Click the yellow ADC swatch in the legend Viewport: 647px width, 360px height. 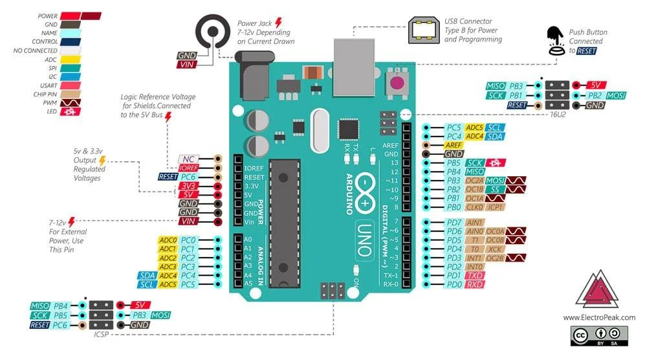click(71, 60)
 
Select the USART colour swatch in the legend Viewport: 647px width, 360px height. click(71, 85)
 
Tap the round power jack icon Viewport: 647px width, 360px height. click(212, 30)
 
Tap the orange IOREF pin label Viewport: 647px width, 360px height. click(188, 167)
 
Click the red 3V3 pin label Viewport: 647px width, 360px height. click(188, 186)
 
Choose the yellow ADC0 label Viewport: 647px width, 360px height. click(168, 240)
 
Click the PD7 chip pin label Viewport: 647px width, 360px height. click(454, 222)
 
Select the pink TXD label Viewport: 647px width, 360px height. click(476, 275)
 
